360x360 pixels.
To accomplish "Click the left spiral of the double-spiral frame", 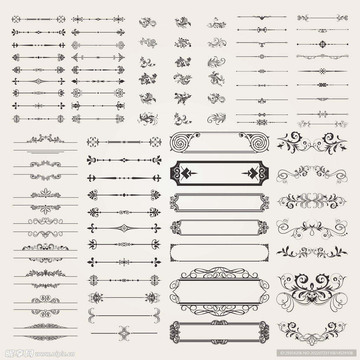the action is coord(181,142).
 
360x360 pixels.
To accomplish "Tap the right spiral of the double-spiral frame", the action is coord(259,142).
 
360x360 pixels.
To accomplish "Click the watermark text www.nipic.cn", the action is coord(54,354).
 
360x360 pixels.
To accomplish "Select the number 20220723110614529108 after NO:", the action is coord(332,353).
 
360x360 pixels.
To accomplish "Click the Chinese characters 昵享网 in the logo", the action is coord(19,354).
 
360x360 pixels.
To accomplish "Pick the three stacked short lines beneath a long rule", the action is coord(45,152).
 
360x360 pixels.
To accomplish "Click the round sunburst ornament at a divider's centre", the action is coord(261,56).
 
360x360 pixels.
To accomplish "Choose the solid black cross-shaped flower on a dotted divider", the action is coord(323,44).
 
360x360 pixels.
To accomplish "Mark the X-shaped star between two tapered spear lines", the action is coord(323,71).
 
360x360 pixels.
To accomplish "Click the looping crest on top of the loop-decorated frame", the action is coord(219,273).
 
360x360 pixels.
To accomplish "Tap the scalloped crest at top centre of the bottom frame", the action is coord(219,322).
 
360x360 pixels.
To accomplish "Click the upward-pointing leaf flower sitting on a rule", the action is coord(45,192).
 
